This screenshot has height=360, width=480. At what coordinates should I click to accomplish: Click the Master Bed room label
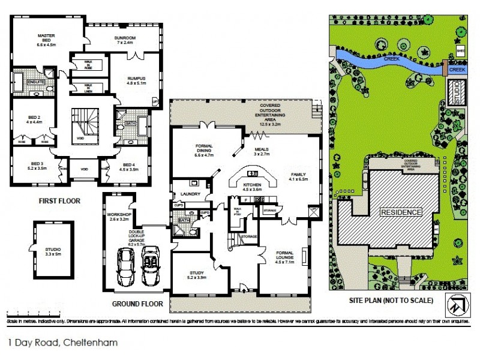coord(46,40)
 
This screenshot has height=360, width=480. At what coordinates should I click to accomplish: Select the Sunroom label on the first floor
coord(128,40)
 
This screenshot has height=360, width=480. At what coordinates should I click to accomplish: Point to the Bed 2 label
coord(32,119)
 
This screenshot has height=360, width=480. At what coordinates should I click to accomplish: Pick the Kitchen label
coord(251,187)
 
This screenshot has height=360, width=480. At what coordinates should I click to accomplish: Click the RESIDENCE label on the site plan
coord(401,212)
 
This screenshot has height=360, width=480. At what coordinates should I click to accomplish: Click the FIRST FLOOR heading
coord(59,201)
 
